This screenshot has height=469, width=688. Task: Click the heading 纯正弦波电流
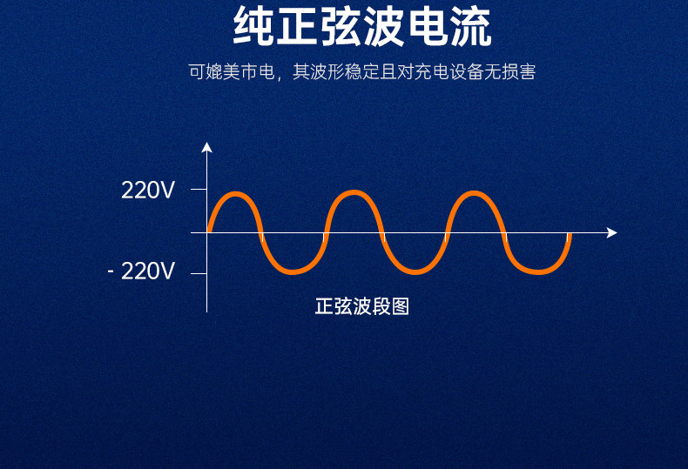click(362, 26)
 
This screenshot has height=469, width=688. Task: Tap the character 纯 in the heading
click(253, 26)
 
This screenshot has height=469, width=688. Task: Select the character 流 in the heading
click(471, 26)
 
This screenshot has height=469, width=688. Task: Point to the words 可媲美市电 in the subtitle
click(232, 72)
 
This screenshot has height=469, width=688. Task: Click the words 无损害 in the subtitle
click(509, 72)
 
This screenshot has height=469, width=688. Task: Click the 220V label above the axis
click(148, 191)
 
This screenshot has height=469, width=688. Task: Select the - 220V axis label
click(141, 271)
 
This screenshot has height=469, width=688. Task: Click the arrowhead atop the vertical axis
click(206, 147)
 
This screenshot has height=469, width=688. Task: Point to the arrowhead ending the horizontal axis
click(612, 232)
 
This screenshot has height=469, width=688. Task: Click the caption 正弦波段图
click(362, 306)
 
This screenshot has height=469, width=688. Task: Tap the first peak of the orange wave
click(236, 194)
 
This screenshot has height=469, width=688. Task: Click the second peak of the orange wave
click(354, 193)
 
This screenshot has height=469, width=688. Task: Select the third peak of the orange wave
click(474, 193)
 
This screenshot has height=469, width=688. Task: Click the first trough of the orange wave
click(293, 271)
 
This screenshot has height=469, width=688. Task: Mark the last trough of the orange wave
click(537, 271)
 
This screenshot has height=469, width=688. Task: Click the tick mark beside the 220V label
click(199, 190)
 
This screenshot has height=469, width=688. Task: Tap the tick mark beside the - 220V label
click(199, 273)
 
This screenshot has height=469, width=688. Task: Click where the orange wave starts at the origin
click(209, 231)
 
